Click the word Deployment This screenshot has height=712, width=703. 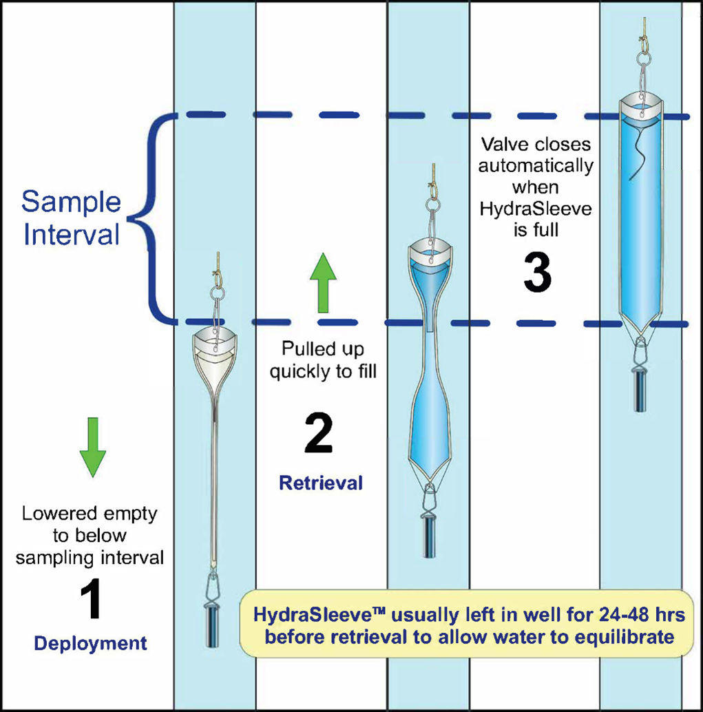90,644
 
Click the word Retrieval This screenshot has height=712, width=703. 320,483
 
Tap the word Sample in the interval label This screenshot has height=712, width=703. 71,202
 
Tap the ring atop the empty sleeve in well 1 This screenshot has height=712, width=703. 218,292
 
